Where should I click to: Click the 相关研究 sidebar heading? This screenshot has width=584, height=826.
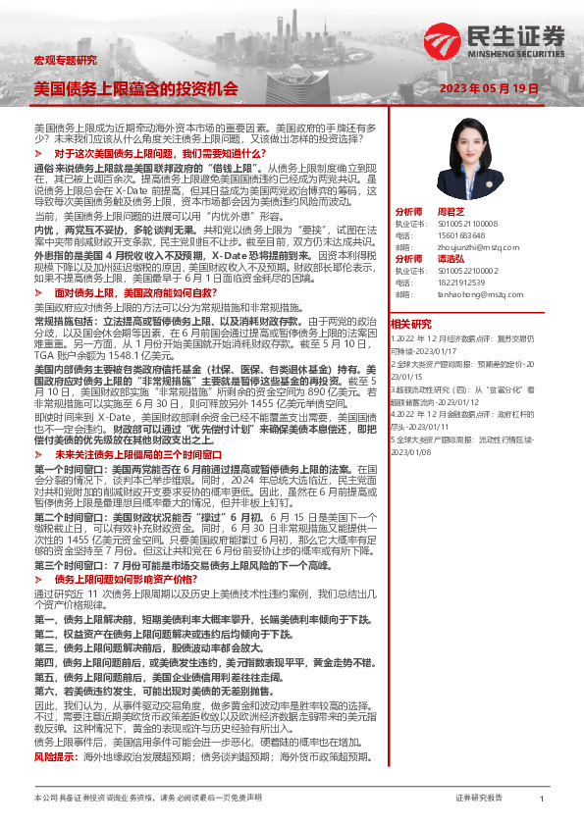click(410, 324)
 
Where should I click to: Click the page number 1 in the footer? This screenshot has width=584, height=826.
click(541, 799)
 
